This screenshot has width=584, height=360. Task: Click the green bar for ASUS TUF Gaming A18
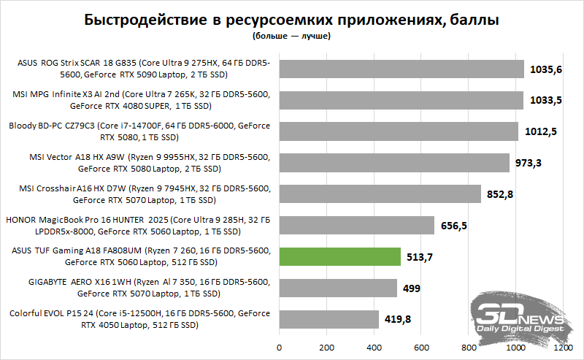coord(340,256)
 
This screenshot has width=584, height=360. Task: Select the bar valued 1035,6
coord(401,69)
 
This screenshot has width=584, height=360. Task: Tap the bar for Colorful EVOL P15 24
coord(329,319)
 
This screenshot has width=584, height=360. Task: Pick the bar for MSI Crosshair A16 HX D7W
coord(380,194)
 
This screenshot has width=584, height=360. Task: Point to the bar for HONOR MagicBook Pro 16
coord(357,225)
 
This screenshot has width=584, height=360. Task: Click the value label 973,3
coord(529,163)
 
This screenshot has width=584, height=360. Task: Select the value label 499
coord(412,288)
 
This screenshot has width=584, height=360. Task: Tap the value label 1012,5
coord(541,131)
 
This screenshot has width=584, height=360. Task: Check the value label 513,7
coord(419,257)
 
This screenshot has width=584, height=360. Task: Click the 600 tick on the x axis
coord(422,348)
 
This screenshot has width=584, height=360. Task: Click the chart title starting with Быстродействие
coord(292,20)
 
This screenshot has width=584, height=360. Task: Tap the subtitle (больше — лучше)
coord(292,35)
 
